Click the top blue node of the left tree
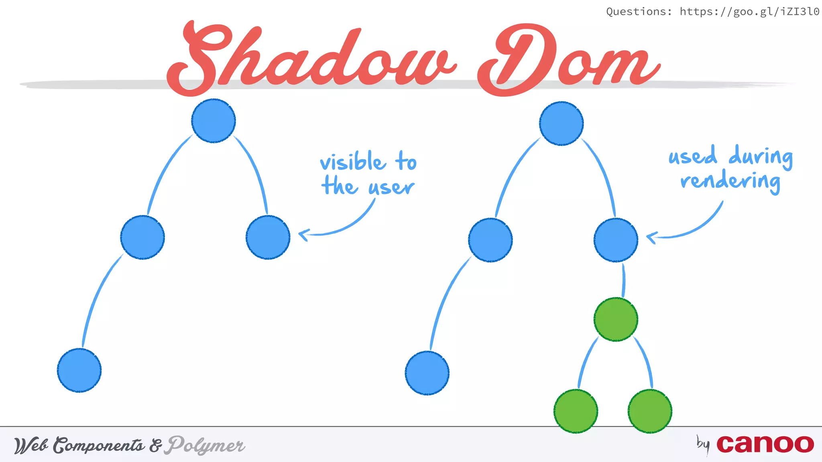(x=214, y=121)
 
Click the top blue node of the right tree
(x=561, y=124)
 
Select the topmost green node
(x=616, y=319)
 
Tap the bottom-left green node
(x=576, y=411)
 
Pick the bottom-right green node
(x=650, y=411)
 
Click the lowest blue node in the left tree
(x=79, y=370)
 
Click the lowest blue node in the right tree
(x=427, y=373)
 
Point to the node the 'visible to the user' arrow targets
(x=268, y=237)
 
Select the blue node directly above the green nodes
(x=616, y=240)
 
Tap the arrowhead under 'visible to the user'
(x=303, y=234)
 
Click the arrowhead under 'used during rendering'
(x=651, y=237)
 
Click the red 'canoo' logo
(x=765, y=444)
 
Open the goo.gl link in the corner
(x=749, y=12)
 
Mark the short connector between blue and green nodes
(x=623, y=280)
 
